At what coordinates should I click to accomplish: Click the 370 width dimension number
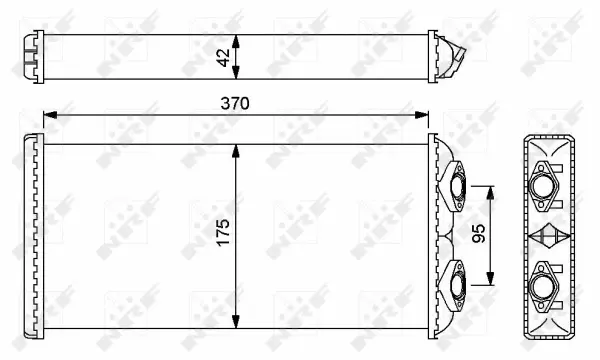tap(235, 103)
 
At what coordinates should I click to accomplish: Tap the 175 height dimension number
tap(222, 233)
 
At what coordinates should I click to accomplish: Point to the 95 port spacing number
tap(479, 234)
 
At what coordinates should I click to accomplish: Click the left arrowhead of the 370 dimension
tap(48, 116)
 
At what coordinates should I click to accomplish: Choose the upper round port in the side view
tap(549, 186)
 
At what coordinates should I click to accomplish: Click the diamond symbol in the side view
tap(549, 237)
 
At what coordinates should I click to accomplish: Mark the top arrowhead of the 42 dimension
tap(236, 36)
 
